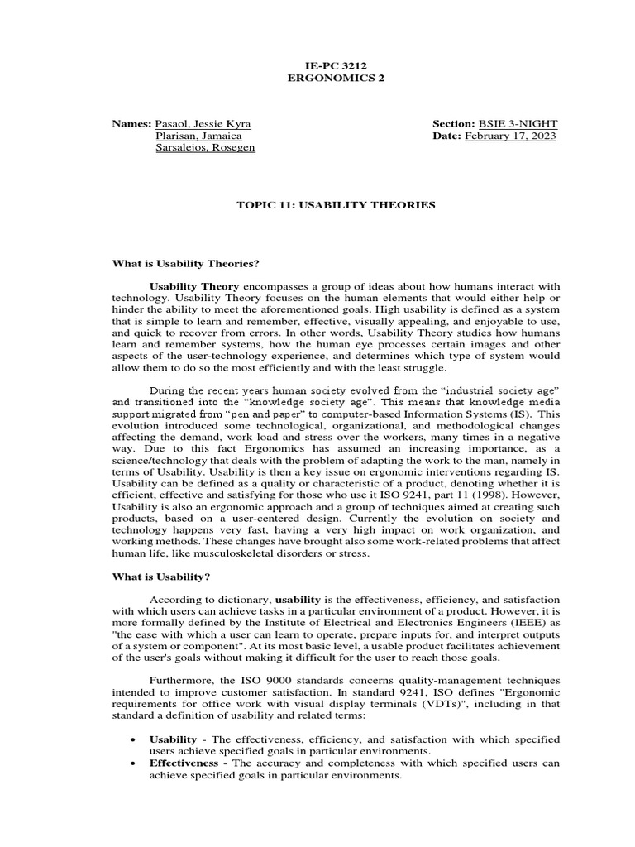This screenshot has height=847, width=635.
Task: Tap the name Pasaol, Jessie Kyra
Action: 203,123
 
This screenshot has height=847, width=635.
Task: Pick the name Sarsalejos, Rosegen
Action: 205,147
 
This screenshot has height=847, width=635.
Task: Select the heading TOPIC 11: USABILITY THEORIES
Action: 336,205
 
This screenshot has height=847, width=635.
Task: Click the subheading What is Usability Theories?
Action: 186,264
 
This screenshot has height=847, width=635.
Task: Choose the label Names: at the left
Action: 132,123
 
